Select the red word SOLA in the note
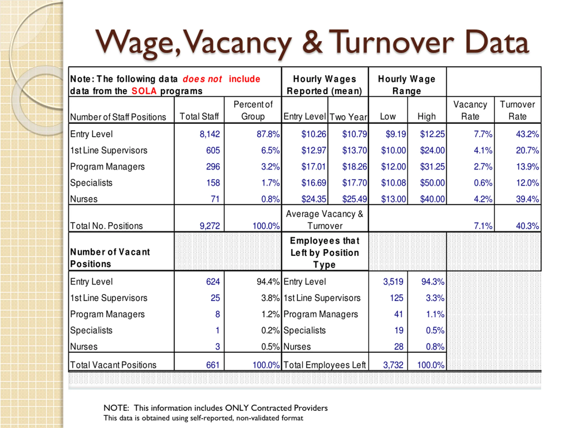(x=144, y=91)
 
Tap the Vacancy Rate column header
(x=470, y=110)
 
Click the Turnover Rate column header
(x=517, y=110)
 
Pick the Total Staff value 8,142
(x=210, y=134)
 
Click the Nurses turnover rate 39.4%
(x=527, y=199)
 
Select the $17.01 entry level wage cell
(x=313, y=167)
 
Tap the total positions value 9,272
(x=210, y=226)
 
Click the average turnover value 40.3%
(x=527, y=226)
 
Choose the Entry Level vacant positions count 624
(x=213, y=282)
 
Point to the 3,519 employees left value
(x=393, y=282)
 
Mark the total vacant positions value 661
(x=213, y=365)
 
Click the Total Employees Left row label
(x=324, y=365)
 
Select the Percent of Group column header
(x=253, y=110)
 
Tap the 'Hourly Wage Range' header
(x=407, y=85)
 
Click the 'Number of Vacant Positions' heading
(x=110, y=258)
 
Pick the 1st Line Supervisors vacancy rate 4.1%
(x=483, y=150)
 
